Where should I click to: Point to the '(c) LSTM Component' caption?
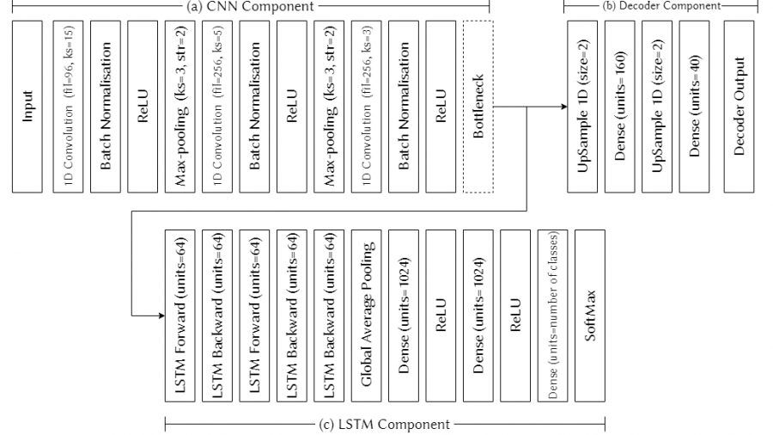[383, 424]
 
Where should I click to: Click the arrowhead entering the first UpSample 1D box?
[563, 106]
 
